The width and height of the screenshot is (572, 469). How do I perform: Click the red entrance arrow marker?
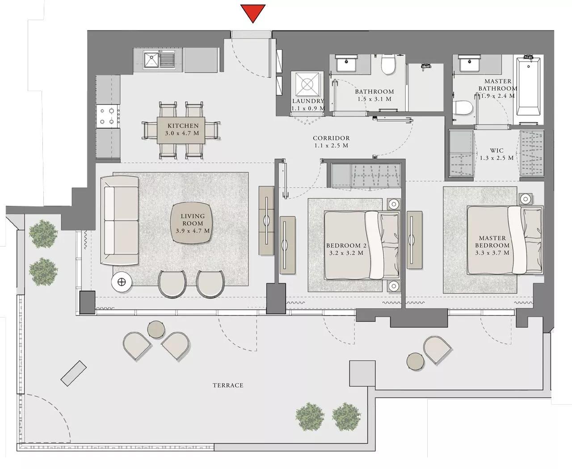click(253, 13)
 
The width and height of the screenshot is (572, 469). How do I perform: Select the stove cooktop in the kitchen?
click(108, 115)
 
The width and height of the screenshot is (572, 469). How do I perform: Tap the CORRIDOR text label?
click(331, 138)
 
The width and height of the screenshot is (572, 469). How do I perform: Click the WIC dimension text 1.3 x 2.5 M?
click(496, 158)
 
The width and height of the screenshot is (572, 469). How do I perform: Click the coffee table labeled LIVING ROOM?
click(192, 223)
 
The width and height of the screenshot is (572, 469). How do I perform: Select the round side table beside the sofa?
click(121, 281)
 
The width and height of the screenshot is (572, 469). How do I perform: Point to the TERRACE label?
click(228, 385)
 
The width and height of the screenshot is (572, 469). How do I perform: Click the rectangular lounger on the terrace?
click(72, 373)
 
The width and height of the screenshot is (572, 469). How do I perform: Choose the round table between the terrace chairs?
click(156, 330)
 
